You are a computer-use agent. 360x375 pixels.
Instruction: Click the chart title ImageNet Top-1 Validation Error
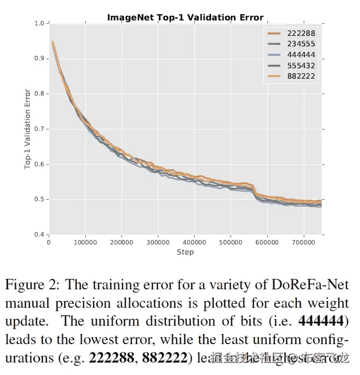pos(185,17)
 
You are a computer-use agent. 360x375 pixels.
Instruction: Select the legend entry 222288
pos(301,33)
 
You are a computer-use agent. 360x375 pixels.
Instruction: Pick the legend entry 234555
pos(301,44)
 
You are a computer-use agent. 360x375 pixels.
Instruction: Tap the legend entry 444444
pos(301,55)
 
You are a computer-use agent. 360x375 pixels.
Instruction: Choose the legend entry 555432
pos(301,66)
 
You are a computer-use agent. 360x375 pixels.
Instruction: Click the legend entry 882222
pos(301,76)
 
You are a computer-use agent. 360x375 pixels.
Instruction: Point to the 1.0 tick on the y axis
pos(39,23)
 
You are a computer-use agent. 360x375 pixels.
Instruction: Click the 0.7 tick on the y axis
pos(39,129)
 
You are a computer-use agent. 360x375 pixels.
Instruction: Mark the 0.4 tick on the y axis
pos(39,235)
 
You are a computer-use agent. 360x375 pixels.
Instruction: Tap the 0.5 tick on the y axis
pos(39,200)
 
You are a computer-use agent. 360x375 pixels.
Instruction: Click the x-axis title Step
pos(185,252)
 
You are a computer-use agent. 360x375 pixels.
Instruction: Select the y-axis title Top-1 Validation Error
pos(28,129)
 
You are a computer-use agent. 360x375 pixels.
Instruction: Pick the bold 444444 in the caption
pos(324,321)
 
